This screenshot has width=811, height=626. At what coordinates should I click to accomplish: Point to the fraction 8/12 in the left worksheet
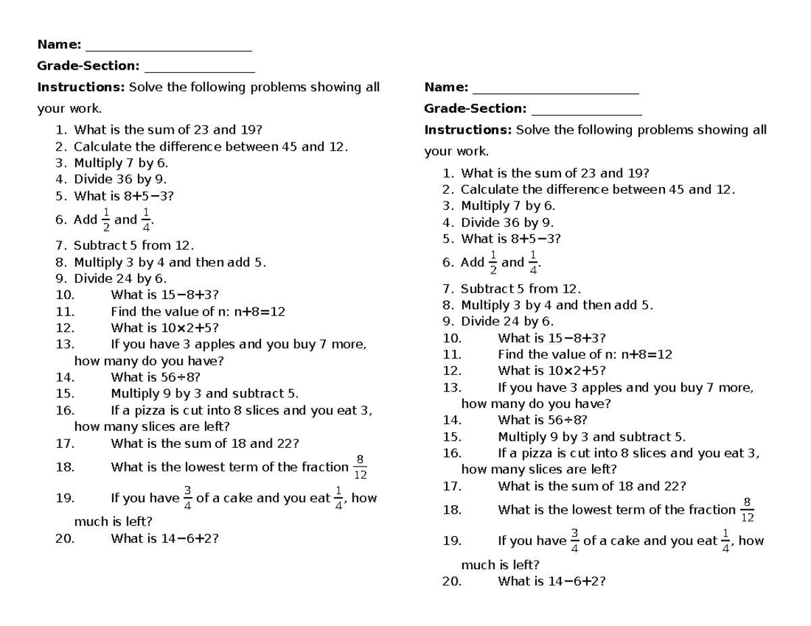coord(360,467)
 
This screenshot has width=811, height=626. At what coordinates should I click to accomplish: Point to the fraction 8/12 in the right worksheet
coord(747,510)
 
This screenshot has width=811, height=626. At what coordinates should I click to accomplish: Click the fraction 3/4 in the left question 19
coord(187,498)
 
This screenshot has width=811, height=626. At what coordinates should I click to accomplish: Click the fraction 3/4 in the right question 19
coord(574,541)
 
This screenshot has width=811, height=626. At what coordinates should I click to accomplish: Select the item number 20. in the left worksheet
coord(66,538)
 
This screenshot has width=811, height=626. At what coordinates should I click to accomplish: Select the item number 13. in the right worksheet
coord(452,388)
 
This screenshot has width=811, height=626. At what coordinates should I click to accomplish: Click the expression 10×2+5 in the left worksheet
coord(187,328)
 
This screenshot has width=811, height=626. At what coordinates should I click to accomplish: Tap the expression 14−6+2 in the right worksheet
coord(574,581)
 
